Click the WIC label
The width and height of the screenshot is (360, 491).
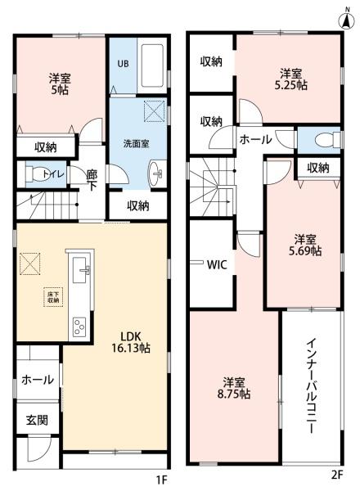[217, 264]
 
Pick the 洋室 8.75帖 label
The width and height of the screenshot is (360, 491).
[235, 387]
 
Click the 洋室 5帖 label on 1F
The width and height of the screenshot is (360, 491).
[58, 85]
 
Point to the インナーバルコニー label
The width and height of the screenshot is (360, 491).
[313, 385]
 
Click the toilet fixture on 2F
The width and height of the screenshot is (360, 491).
[327, 138]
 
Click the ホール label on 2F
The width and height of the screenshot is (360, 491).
[255, 140]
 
